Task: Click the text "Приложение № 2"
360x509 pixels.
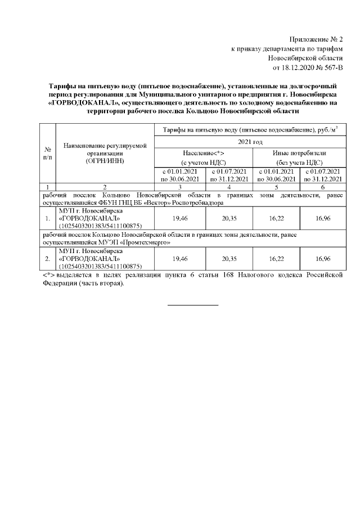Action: [316, 39]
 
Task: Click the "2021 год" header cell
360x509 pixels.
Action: [250, 142]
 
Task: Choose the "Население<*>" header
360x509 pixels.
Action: [204, 153]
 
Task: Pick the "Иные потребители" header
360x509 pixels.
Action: [299, 153]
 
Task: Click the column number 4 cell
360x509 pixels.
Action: [228, 186]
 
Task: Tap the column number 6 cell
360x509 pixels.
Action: [322, 186]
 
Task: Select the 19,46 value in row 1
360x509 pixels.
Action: [180, 217]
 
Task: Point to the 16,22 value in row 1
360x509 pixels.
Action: [276, 217]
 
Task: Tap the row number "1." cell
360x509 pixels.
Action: [48, 217]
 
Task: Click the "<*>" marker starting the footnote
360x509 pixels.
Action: [49, 276]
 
